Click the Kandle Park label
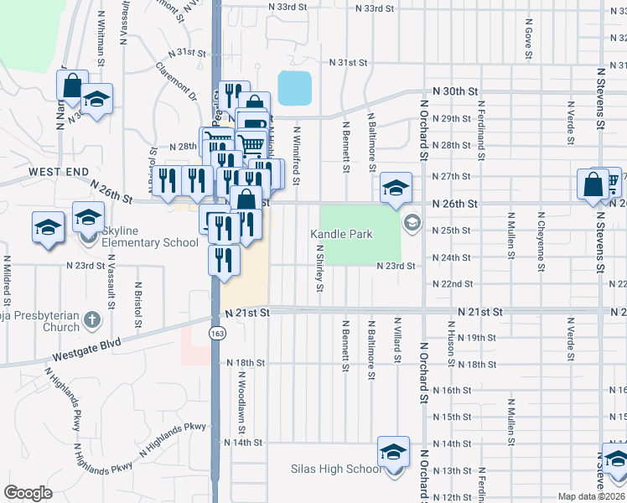coord(341,234)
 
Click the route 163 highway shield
coord(216,333)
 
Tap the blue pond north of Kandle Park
coord(294,88)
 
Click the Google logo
coord(28,493)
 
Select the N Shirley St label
coord(319,268)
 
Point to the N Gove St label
coord(528,42)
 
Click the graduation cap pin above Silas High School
coord(393,451)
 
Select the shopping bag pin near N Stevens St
coord(593,185)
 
